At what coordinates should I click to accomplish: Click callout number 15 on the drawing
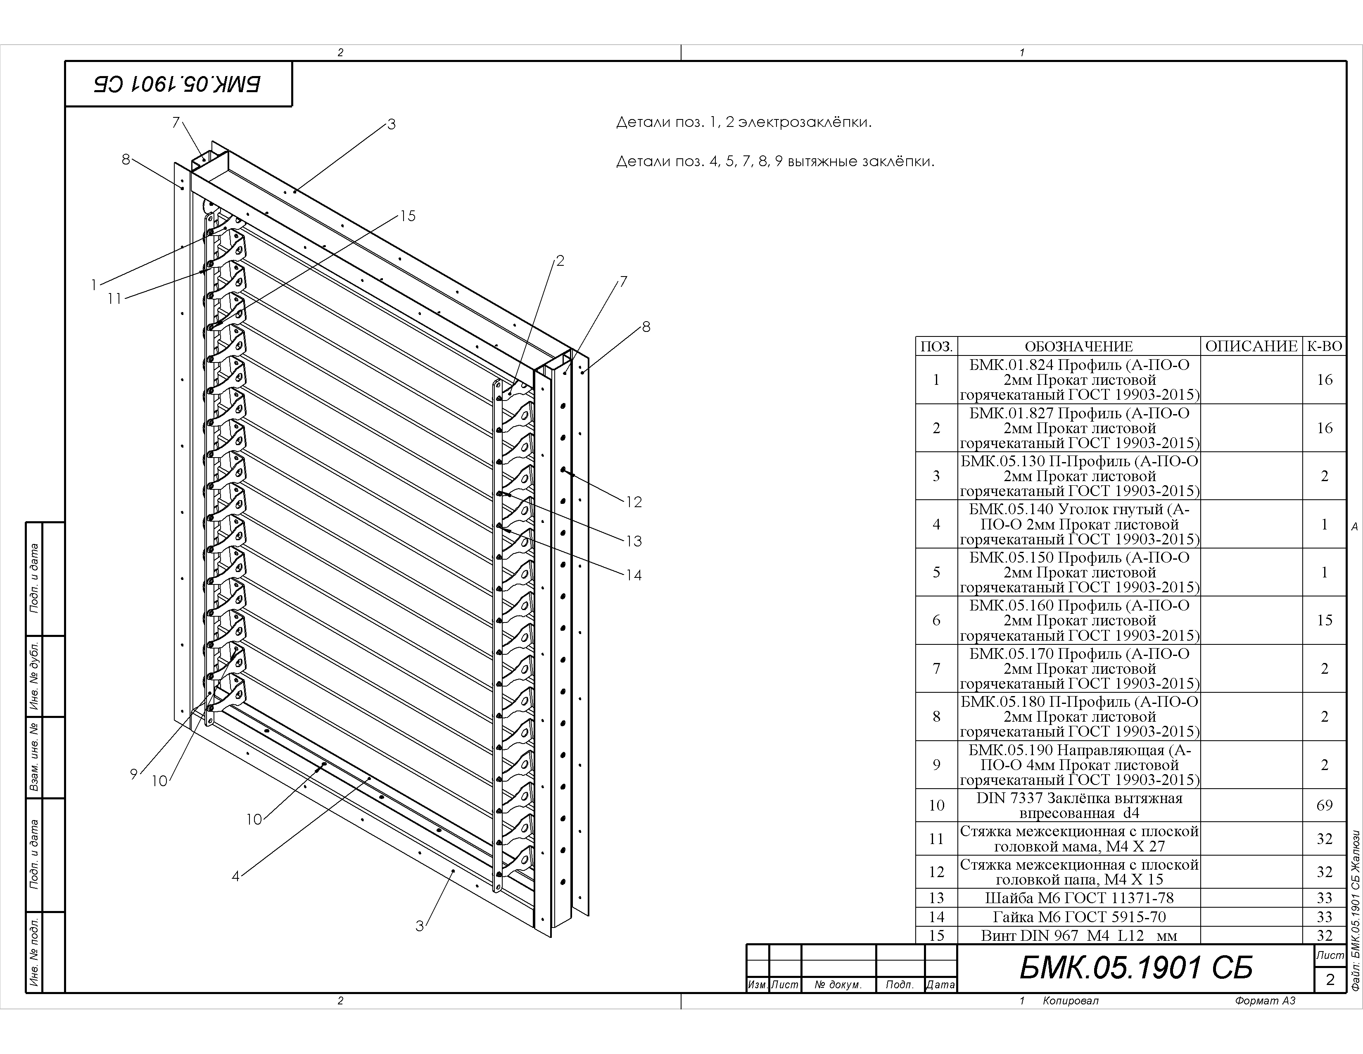tap(408, 216)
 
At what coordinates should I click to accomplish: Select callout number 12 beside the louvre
tap(634, 502)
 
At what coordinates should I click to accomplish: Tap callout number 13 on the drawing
tap(634, 541)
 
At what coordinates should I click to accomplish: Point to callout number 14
tap(634, 575)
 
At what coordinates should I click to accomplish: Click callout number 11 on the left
tap(114, 299)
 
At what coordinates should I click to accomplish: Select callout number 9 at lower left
tap(133, 774)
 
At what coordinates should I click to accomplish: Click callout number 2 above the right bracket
tap(560, 261)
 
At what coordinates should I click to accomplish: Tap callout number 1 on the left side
tap(94, 285)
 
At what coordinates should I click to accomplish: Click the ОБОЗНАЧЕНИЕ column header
tap(1078, 346)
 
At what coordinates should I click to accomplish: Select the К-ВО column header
tap(1324, 346)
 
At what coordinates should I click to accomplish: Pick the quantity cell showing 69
tap(1324, 806)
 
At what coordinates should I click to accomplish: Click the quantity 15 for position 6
tap(1324, 620)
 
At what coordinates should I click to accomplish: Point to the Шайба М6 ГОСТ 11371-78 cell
tap(1079, 898)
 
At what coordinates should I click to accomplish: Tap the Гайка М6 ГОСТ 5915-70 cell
tap(1079, 917)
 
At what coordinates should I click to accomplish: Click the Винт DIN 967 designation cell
tap(1079, 935)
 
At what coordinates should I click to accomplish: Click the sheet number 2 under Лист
tap(1330, 979)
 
